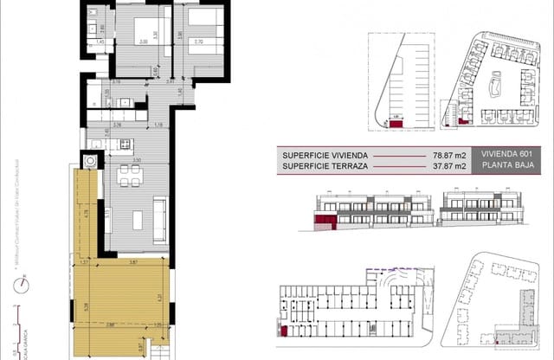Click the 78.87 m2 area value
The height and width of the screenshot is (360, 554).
448,156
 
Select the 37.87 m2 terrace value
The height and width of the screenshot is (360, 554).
448,166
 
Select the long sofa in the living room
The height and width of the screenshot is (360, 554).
160,213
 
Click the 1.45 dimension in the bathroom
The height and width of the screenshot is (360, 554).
100,41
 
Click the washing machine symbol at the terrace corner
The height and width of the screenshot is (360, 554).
90,161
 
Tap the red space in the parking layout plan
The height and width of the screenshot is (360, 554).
396,125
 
